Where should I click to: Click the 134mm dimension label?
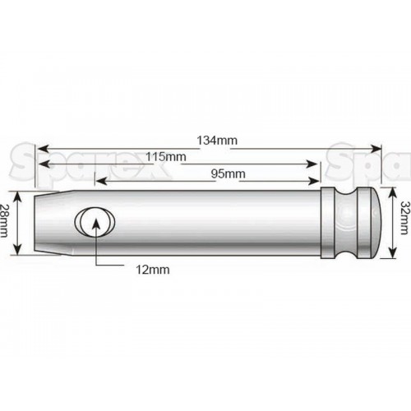pos(217,141)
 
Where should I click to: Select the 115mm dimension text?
pos(165,157)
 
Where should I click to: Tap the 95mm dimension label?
pos(228,173)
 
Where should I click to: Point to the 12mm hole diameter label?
pos(153,270)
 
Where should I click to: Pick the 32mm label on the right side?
pos(404,218)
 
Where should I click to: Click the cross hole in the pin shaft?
pos(95,221)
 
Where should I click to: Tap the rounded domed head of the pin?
pos(376,223)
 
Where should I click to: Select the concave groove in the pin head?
pos(346,223)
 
